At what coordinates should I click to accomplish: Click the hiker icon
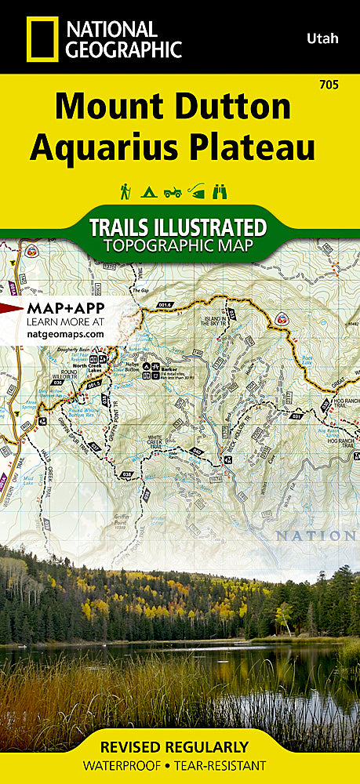point(125,191)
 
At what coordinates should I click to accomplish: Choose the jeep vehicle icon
point(173,191)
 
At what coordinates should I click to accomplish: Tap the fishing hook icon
point(196,191)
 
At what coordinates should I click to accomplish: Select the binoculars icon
point(221,191)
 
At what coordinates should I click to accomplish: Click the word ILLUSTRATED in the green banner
point(211,228)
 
